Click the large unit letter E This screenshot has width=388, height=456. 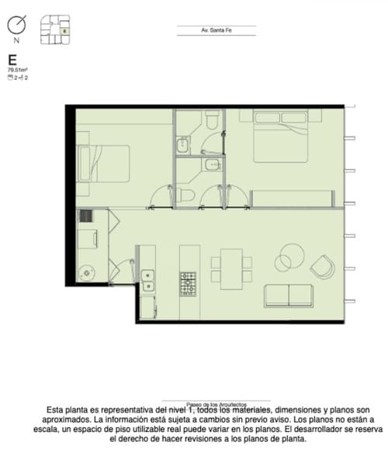(12, 60)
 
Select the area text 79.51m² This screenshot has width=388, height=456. (17, 70)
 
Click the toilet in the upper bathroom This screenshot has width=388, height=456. (211, 119)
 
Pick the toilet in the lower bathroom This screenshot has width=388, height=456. (184, 194)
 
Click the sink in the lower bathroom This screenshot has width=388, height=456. (210, 164)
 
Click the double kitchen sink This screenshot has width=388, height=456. (147, 281)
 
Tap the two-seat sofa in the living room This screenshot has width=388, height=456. (289, 295)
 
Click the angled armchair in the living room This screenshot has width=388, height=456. (322, 268)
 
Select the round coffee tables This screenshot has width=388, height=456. (291, 257)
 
